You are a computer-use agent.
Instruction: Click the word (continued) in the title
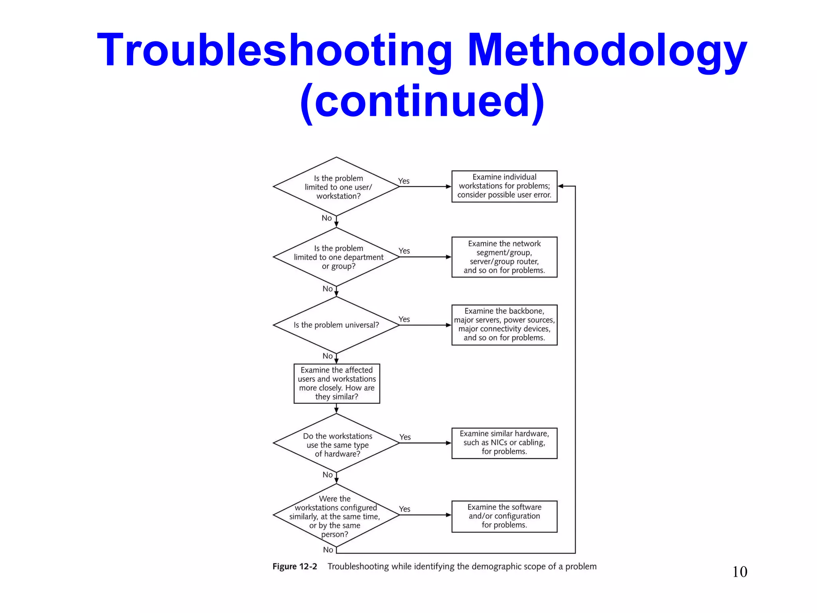click(x=422, y=102)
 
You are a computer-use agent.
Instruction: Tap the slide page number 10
click(x=739, y=571)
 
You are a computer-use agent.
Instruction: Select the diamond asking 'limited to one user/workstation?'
click(x=337, y=187)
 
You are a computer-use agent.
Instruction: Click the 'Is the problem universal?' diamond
click(x=337, y=325)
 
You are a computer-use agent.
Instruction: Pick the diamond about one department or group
click(x=337, y=257)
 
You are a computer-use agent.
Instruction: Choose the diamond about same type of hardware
click(x=337, y=444)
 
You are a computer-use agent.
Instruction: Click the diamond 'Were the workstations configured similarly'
click(x=337, y=516)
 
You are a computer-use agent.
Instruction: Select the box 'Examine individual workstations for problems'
click(x=504, y=186)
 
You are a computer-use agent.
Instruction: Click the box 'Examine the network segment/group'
click(x=504, y=257)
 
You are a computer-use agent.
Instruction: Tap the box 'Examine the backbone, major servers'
click(x=504, y=324)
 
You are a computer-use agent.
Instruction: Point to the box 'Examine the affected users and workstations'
click(x=337, y=383)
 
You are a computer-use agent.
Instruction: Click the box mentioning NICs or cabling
click(x=504, y=443)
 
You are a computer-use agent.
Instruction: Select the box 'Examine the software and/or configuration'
click(x=504, y=516)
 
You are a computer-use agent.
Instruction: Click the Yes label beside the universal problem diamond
click(x=404, y=319)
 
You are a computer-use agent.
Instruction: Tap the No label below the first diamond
click(x=327, y=218)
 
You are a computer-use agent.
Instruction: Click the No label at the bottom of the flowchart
click(x=328, y=550)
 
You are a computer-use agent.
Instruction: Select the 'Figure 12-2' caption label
click(x=294, y=566)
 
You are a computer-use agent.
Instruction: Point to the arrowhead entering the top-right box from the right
click(x=560, y=186)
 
